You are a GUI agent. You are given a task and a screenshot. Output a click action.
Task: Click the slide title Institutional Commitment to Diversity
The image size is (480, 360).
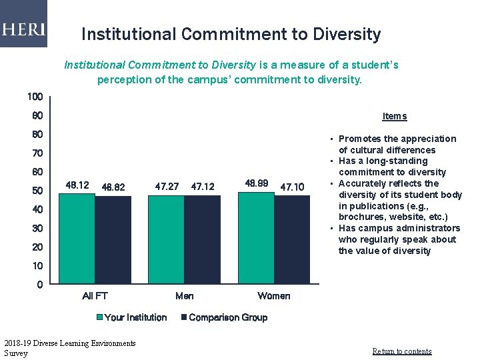coord(231,34)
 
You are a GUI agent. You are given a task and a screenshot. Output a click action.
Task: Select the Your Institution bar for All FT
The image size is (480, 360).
coord(77,239)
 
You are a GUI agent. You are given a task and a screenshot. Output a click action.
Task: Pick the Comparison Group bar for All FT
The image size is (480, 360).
coord(113,240)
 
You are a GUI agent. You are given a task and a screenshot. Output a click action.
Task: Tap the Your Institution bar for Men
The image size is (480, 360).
coord(166,240)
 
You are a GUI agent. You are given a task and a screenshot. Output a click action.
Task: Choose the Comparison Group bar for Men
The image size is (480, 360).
coord(202,240)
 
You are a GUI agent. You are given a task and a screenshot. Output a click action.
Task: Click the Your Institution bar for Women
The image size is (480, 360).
coord(256,238)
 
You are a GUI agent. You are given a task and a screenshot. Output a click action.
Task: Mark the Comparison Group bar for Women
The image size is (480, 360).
coord(292,240)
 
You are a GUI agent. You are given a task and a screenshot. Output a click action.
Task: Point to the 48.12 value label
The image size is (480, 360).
coord(77,185)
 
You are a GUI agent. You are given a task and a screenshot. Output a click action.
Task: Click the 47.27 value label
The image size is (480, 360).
coord(167,187)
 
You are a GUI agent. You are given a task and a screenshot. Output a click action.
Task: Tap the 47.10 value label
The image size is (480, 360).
coord(292,187)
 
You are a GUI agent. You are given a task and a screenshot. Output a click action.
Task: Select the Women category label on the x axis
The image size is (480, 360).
coord(274,296)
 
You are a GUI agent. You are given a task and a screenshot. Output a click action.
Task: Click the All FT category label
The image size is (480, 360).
coord(95,296)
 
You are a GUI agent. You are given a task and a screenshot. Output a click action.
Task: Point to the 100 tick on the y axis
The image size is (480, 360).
coord(35,97)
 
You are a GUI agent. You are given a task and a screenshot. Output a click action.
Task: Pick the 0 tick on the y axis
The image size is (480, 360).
coord(39,285)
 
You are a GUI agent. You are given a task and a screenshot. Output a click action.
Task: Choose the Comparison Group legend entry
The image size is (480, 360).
coord(227,317)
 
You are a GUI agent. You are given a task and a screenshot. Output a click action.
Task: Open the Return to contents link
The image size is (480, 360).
coord(401,351)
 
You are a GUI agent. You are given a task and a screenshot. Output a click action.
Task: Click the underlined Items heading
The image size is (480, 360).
coord(394,117)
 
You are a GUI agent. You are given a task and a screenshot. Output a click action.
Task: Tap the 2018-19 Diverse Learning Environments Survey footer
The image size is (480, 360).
coord(69,348)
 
